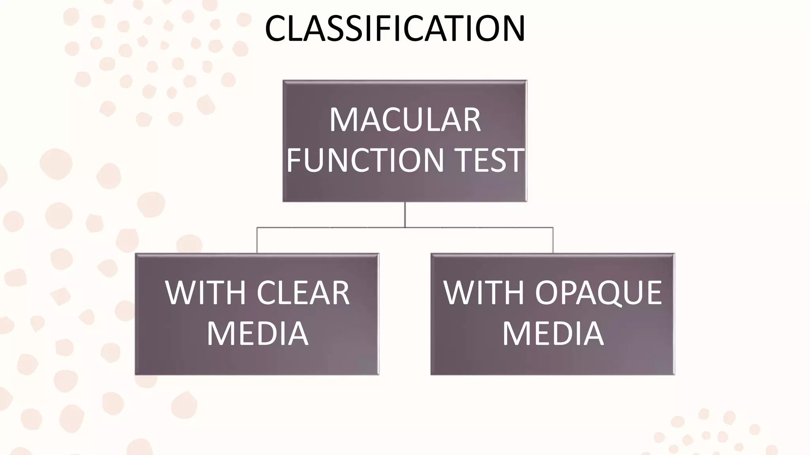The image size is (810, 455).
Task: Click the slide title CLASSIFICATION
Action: [x=395, y=28]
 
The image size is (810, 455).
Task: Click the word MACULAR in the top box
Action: [x=405, y=120]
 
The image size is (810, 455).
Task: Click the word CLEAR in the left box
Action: [x=303, y=293]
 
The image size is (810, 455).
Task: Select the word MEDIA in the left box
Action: [x=257, y=334]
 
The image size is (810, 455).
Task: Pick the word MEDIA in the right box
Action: [x=553, y=334]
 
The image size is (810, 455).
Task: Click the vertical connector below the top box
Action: [x=405, y=214]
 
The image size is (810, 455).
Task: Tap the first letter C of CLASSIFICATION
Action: [x=277, y=28]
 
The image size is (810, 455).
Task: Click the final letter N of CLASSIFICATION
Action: [x=512, y=28]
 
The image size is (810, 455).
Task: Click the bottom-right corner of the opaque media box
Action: [x=674, y=374]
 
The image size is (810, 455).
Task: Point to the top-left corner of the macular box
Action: [x=284, y=81]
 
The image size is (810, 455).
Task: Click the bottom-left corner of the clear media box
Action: [x=136, y=374]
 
